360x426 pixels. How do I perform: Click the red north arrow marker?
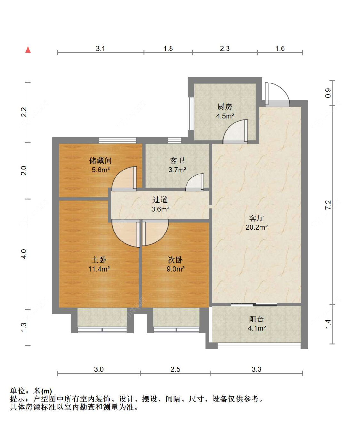(x=28, y=50)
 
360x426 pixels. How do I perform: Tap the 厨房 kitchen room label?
(x=225, y=107)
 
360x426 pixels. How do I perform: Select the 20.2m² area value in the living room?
(x=256, y=227)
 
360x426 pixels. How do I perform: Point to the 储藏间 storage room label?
(x=100, y=161)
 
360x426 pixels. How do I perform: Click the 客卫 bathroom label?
(x=177, y=161)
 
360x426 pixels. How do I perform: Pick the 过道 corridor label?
(x=160, y=200)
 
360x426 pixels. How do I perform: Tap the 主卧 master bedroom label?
(x=99, y=260)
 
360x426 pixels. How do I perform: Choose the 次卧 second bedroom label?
(x=175, y=260)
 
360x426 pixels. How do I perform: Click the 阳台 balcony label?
(x=256, y=319)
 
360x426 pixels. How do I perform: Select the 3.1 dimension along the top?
(x=100, y=49)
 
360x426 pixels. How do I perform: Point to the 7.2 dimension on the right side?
(x=328, y=205)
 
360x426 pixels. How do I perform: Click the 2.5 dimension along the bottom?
(x=175, y=369)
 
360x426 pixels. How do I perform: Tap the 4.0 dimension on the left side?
(x=24, y=254)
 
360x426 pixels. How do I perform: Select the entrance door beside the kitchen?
(x=277, y=94)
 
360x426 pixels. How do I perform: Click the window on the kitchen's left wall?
(x=191, y=114)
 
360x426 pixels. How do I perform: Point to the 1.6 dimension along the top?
(x=280, y=49)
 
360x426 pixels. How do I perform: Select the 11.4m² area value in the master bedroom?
(x=99, y=269)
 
